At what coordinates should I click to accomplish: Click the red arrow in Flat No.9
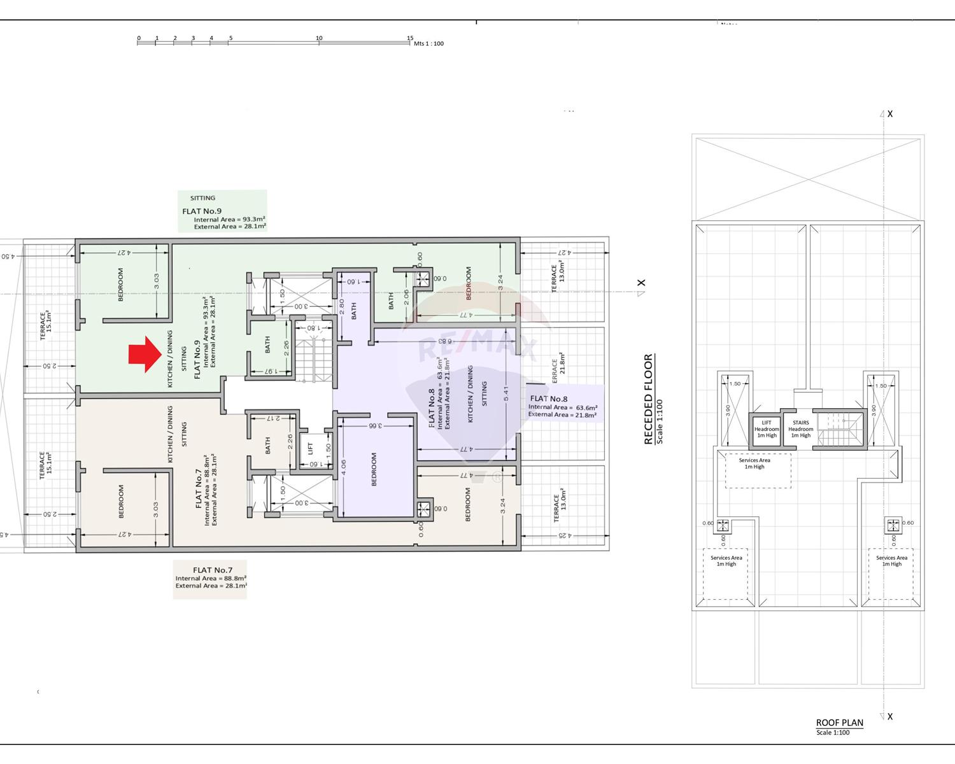[145, 354]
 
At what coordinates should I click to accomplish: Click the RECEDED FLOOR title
[648, 399]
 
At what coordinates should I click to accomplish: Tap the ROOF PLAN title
[839, 723]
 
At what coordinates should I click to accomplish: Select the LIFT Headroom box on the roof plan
[767, 429]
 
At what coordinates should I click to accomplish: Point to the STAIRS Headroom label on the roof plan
[801, 429]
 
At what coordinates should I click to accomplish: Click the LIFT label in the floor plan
[311, 448]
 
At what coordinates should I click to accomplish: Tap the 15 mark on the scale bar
[410, 38]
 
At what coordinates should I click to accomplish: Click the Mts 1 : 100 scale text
[428, 44]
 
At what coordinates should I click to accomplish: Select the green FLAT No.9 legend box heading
[202, 211]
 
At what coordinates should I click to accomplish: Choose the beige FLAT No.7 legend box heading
[213, 570]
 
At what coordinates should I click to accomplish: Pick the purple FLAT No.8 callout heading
[548, 399]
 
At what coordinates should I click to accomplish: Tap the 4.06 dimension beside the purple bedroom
[344, 468]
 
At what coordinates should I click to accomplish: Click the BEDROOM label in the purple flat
[374, 469]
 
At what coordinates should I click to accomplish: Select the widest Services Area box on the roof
[758, 470]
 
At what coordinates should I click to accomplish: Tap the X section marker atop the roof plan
[889, 114]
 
